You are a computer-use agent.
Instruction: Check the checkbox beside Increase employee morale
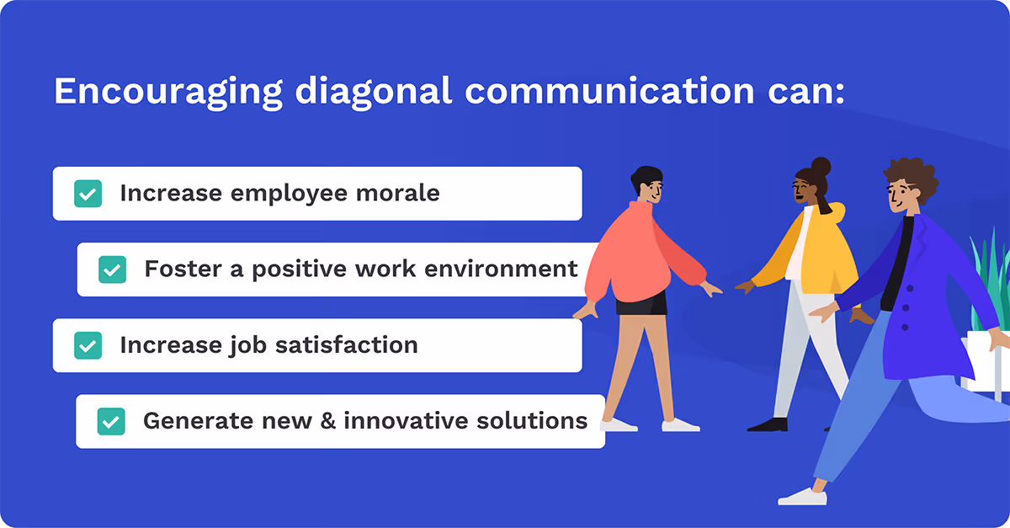[x=88, y=194]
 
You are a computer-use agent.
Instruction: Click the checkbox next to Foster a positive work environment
[x=112, y=269]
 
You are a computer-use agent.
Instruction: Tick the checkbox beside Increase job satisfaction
[x=88, y=345]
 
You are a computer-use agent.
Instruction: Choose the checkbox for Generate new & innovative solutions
[x=111, y=421]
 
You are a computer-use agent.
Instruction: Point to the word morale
[x=401, y=193]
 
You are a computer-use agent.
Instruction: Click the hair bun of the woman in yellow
[x=820, y=166]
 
